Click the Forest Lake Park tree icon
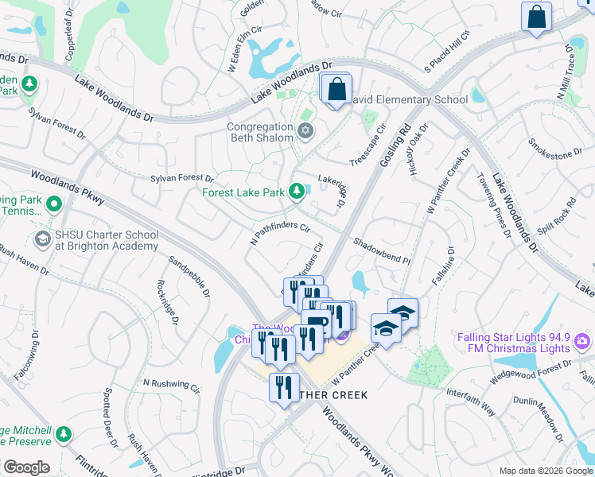click(x=297, y=192)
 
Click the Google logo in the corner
click(x=26, y=467)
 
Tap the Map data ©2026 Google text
click(x=545, y=471)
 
